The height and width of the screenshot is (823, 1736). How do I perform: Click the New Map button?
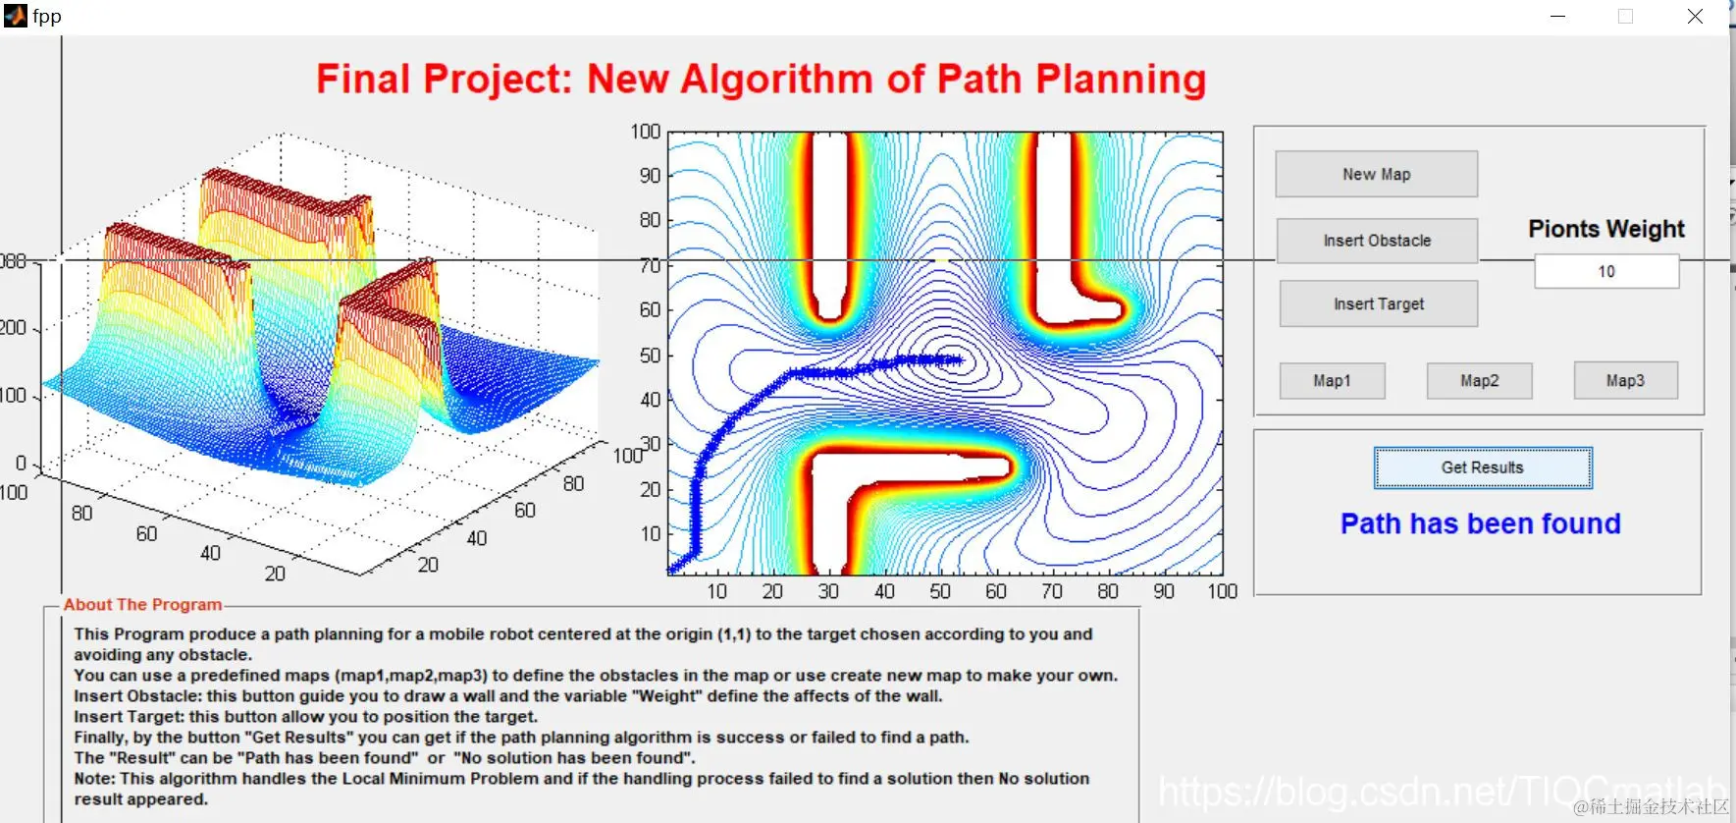click(1376, 174)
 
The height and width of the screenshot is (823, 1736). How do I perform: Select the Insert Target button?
click(1378, 304)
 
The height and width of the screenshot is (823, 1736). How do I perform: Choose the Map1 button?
click(1332, 381)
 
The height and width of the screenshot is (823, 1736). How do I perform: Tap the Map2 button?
click(1479, 381)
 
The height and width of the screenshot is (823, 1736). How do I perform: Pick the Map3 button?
click(1625, 381)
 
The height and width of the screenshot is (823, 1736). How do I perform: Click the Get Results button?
click(1483, 468)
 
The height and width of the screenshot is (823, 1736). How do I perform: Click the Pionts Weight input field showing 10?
click(1606, 271)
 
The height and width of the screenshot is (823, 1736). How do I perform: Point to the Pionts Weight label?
click(1606, 229)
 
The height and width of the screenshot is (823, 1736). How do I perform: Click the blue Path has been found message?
click(1480, 523)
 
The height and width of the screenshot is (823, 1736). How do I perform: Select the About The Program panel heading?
click(142, 605)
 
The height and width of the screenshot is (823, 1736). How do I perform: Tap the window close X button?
click(1695, 17)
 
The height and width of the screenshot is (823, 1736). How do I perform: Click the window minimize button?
click(1557, 17)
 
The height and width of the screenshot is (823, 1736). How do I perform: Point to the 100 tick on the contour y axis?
click(646, 132)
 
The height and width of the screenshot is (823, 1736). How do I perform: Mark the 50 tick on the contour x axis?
click(940, 591)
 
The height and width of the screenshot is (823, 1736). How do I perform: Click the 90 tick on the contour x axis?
click(1164, 591)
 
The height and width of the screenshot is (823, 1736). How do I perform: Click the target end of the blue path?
click(959, 359)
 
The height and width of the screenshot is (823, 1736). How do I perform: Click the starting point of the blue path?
click(672, 570)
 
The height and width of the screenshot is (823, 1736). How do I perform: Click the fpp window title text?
click(47, 16)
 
